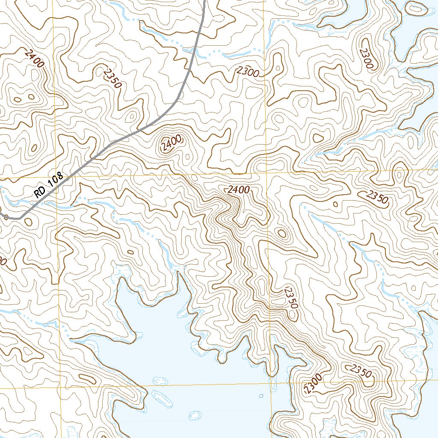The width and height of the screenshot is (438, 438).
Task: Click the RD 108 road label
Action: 49,184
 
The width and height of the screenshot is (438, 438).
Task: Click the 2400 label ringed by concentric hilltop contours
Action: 172,143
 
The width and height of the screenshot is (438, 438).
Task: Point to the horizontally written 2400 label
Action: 239,190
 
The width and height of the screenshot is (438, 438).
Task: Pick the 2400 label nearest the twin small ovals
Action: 34,59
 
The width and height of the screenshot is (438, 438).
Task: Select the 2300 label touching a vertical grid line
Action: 248,73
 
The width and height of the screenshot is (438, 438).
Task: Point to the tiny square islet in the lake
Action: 261,396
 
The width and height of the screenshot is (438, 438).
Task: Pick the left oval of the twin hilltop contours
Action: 18,100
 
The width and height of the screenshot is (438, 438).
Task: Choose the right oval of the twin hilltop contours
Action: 31,97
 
